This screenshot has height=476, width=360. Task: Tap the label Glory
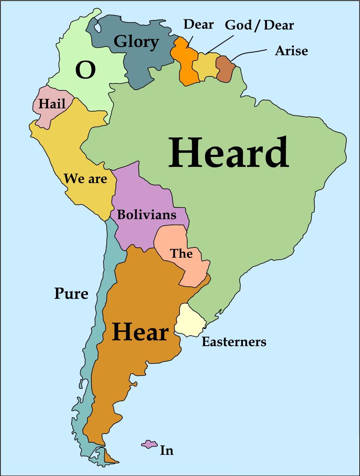tap(136, 41)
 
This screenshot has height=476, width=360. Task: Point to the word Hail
tap(52, 104)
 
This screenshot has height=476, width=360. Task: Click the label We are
tap(86, 179)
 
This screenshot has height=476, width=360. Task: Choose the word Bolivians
tap(147, 215)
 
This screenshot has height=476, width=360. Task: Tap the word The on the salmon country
tap(181, 253)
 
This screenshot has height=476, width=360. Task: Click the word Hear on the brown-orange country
tap(140, 332)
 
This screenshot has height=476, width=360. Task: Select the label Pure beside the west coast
tap(71, 294)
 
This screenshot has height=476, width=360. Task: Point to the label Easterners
tap(234, 342)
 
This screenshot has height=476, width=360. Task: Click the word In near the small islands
tap(167, 450)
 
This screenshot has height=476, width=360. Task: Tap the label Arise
tap(291, 51)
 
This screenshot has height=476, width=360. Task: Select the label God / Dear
tap(259, 25)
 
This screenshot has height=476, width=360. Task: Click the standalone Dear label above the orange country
tap(198, 24)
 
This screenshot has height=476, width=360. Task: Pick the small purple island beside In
tap(148, 444)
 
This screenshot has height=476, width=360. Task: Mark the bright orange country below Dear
tap(184, 62)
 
